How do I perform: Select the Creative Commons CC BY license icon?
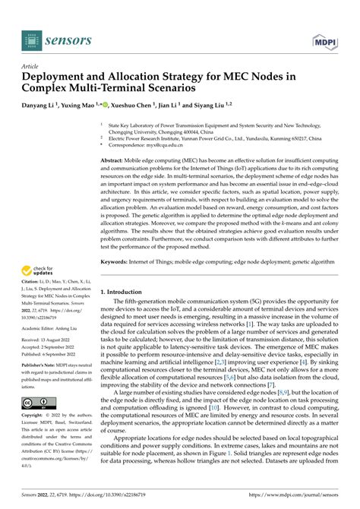tap(38, 403)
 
